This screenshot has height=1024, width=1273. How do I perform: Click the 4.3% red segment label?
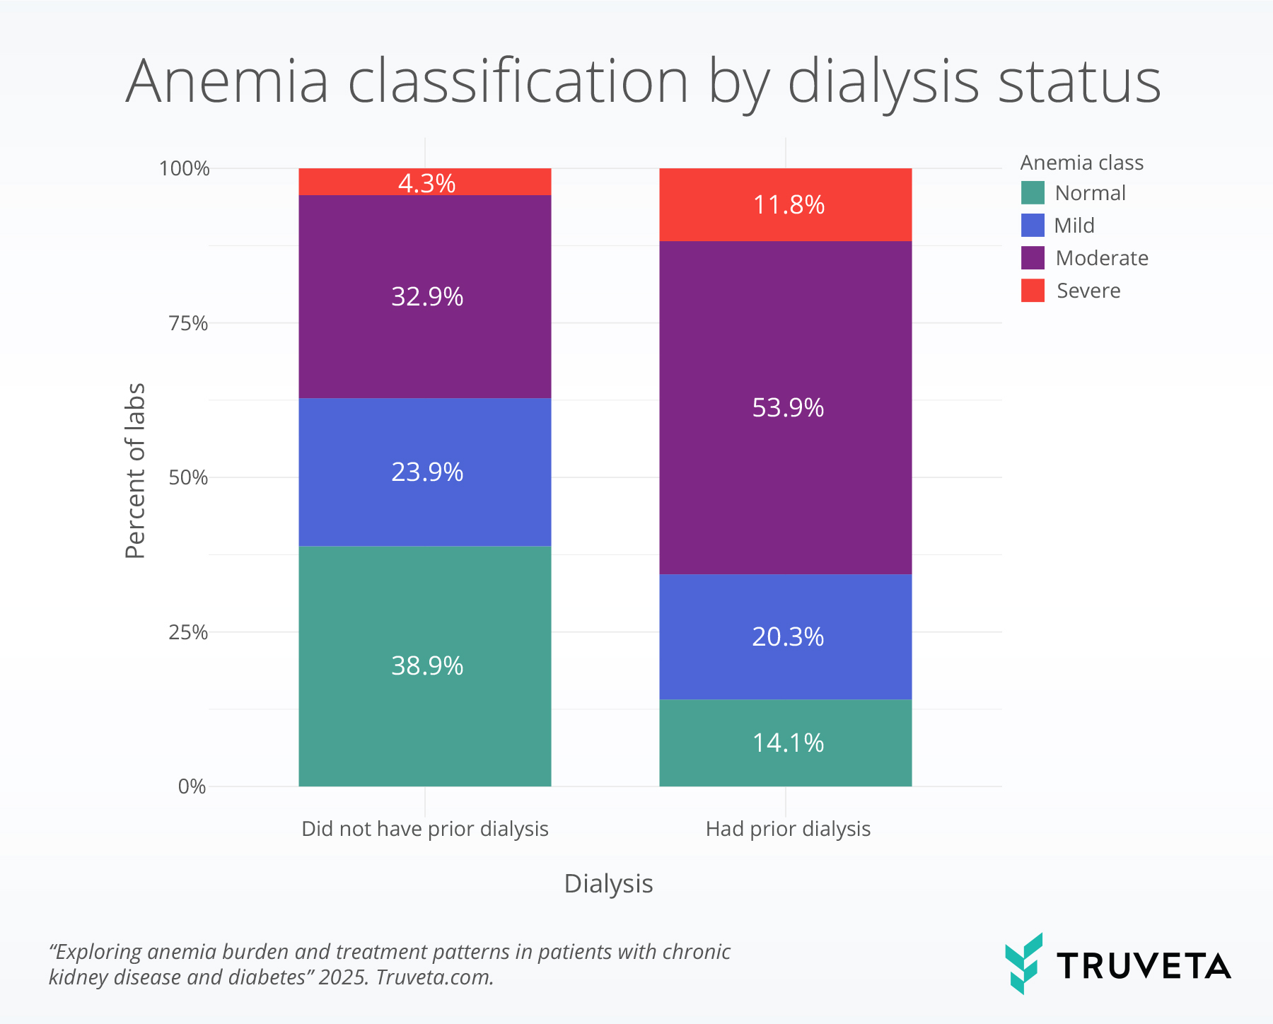click(426, 183)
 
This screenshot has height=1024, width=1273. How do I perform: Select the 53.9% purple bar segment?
click(785, 408)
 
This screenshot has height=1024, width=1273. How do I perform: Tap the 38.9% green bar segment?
click(425, 666)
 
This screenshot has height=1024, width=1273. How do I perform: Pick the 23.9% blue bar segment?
click(425, 472)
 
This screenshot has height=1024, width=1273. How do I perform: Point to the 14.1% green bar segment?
click(785, 743)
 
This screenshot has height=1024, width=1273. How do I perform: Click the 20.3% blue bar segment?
click(785, 636)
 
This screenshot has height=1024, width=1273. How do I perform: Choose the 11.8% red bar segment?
click(785, 204)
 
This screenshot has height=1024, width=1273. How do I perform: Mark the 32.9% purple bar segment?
click(425, 297)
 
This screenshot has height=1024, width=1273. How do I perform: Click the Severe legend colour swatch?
click(1033, 291)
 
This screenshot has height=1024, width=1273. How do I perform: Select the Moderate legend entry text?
click(1102, 258)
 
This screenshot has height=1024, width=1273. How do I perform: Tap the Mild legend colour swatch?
click(1033, 226)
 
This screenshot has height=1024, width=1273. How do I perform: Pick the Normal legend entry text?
click(1090, 193)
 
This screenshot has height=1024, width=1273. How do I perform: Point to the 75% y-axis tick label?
click(188, 323)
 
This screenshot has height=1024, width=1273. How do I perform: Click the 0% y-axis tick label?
click(192, 786)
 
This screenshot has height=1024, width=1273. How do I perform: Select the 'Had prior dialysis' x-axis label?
click(788, 829)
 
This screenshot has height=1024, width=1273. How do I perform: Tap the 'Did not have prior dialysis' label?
click(425, 829)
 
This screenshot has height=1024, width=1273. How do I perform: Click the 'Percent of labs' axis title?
click(134, 471)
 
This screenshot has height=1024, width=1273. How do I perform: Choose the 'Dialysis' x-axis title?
click(608, 884)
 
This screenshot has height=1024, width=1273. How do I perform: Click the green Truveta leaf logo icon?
click(1023, 963)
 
